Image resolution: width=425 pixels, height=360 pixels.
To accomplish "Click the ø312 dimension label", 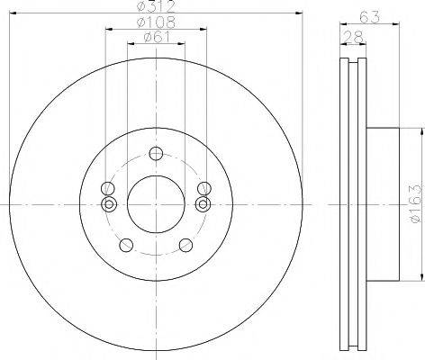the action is [156, 6].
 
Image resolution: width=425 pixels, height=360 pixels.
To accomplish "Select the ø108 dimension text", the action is [156, 22].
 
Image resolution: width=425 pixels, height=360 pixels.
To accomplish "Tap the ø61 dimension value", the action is [157, 37].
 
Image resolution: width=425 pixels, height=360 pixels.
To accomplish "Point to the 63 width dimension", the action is [369, 17].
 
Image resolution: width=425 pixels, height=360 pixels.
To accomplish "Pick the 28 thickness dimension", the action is [354, 37].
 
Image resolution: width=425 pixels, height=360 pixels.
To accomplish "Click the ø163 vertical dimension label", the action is [416, 203].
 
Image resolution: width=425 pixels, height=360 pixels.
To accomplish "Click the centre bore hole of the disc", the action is [156, 204].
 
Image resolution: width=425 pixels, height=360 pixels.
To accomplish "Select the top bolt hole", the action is [156, 154].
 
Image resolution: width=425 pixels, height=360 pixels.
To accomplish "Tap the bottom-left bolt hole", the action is [126, 245].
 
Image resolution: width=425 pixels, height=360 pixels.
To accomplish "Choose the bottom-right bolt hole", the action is [185, 245].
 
